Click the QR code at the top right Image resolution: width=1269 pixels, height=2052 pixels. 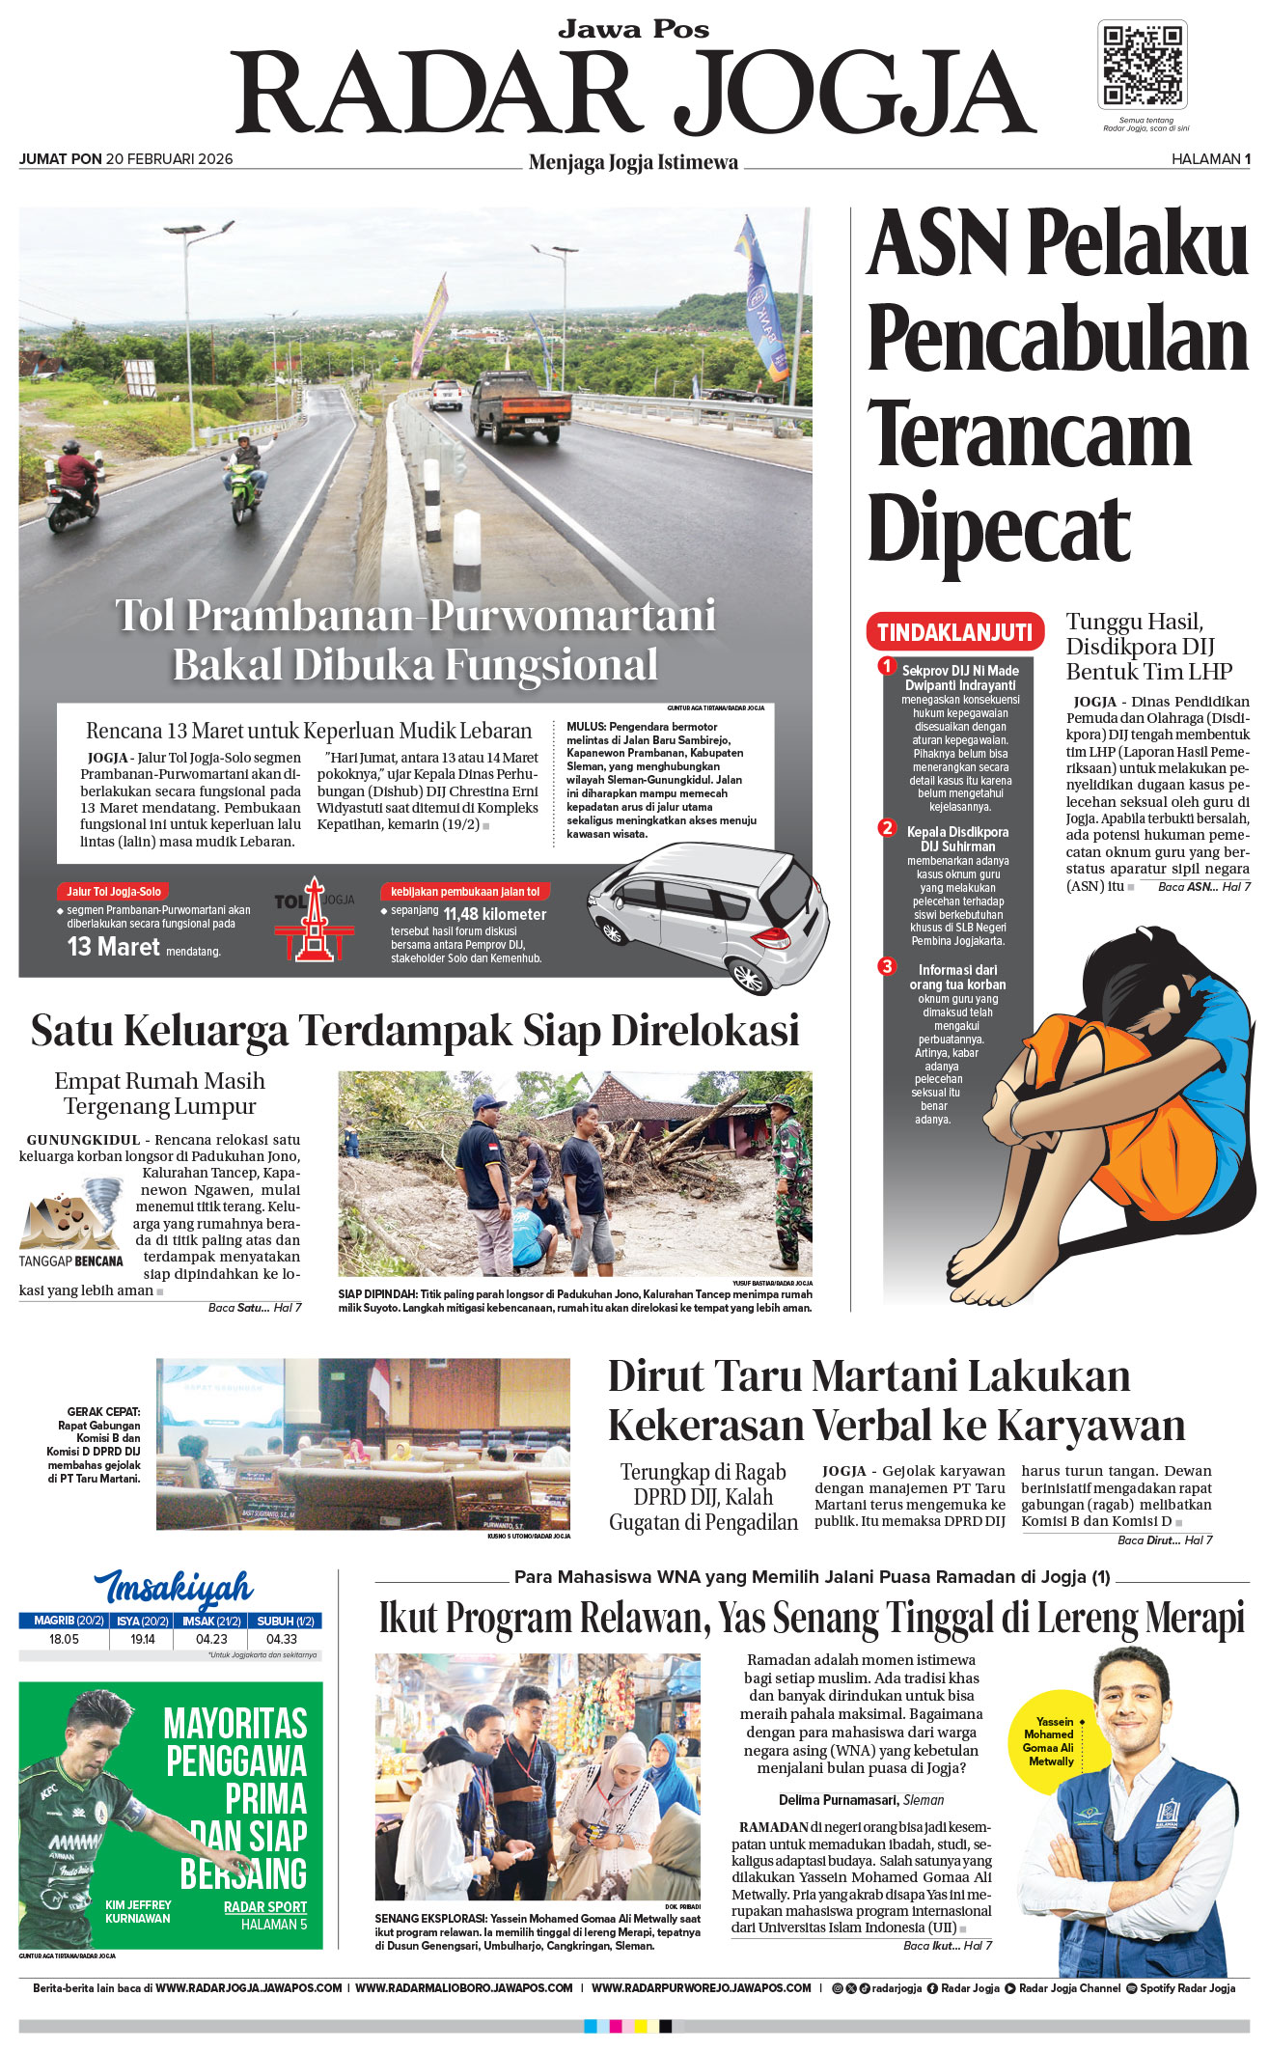tap(1142, 65)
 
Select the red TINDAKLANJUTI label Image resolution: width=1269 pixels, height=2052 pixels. tap(954, 632)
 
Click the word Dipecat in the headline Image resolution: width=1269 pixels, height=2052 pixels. tap(998, 529)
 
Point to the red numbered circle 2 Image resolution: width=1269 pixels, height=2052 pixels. tap(887, 827)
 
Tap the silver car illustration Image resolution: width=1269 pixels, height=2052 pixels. tap(708, 913)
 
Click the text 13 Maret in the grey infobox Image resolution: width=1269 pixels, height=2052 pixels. tap(113, 947)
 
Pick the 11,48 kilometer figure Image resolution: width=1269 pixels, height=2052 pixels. tap(494, 914)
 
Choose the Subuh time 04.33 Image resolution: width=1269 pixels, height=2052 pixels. tap(282, 1639)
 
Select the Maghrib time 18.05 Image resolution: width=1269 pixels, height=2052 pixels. tap(64, 1639)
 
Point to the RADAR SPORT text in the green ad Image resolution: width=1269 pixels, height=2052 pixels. tap(265, 1906)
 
